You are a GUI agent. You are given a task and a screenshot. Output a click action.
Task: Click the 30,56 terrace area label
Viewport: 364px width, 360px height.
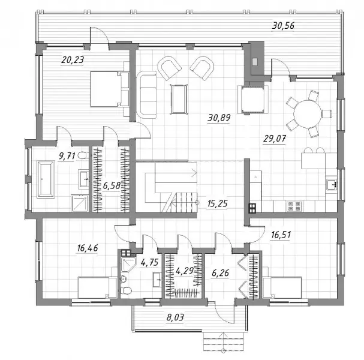pyautogui.click(x=283, y=25)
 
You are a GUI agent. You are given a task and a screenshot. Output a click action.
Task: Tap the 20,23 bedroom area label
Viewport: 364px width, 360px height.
pyautogui.click(x=73, y=60)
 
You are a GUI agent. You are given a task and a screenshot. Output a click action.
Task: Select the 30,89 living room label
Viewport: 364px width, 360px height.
pyautogui.click(x=219, y=118)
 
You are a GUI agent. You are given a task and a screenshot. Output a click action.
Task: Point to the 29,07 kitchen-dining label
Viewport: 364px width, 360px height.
pyautogui.click(x=275, y=139)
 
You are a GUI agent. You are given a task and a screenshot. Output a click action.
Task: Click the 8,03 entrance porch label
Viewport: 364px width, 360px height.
pyautogui.click(x=175, y=317)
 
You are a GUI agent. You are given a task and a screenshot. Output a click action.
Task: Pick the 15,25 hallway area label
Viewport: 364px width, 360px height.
pyautogui.click(x=218, y=203)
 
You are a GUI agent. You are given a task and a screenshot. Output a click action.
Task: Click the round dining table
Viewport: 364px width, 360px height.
pyautogui.click(x=308, y=114)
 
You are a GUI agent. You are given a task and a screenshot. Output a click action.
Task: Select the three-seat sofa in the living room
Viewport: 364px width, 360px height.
pyautogui.click(x=146, y=95)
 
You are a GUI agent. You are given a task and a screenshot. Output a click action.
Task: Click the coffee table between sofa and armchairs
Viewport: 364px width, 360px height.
pyautogui.click(x=179, y=99)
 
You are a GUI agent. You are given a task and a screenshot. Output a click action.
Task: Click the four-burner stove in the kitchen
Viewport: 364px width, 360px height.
pyautogui.click(x=294, y=206)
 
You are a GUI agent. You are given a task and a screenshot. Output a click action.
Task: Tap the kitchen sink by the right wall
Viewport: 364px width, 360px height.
pyautogui.click(x=331, y=184)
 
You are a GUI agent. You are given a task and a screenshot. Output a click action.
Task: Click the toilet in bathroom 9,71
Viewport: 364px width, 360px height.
pyautogui.click(x=82, y=155)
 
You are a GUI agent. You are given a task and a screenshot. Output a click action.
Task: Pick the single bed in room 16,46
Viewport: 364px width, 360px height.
pyautogui.click(x=98, y=287)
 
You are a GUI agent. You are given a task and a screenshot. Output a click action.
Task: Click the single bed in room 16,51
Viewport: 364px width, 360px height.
pyautogui.click(x=282, y=287)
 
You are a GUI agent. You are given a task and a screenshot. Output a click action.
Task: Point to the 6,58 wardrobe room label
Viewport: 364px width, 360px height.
pyautogui.click(x=112, y=186)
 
